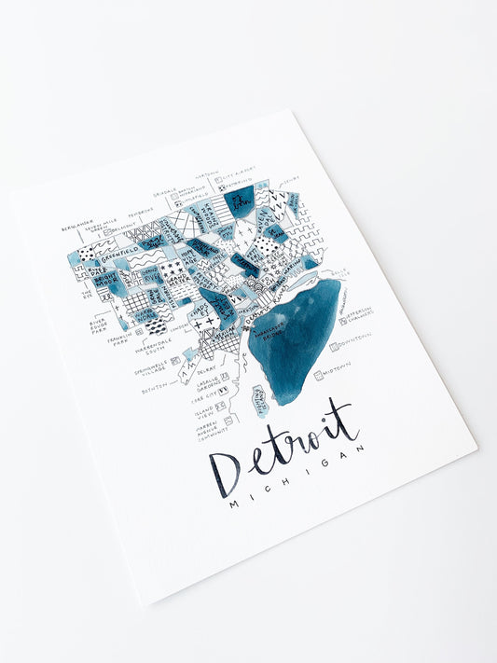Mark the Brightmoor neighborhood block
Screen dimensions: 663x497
[86, 279]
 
